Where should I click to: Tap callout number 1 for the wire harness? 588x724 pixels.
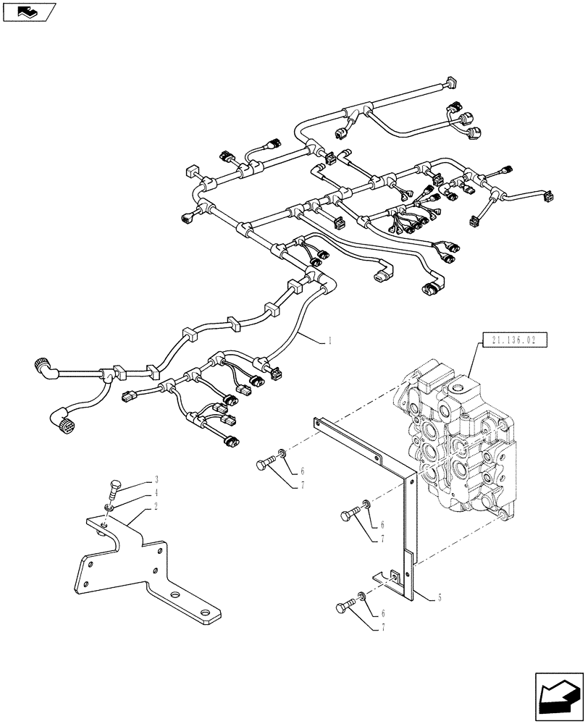(330, 339)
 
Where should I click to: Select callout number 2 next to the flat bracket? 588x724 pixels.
(155, 508)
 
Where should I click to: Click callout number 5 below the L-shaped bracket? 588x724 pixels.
(440, 599)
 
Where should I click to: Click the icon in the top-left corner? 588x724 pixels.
(30, 12)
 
